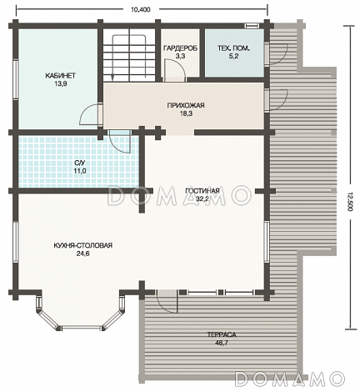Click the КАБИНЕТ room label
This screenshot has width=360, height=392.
[x=60, y=76]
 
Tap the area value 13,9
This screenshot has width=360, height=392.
[x=60, y=83]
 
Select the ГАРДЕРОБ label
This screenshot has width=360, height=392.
[x=180, y=48]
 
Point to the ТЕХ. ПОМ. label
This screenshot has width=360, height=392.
[x=233, y=48]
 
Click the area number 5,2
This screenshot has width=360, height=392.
[x=233, y=56]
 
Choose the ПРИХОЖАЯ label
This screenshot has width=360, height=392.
[x=186, y=105]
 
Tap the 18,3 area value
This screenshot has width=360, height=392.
[x=186, y=113]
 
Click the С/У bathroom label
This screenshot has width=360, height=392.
[x=80, y=163]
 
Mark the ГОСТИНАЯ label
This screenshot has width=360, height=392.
[x=202, y=191]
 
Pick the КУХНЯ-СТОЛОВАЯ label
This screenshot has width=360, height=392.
[x=83, y=245]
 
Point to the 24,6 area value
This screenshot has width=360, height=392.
[x=82, y=254]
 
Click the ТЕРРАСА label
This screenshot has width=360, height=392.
[x=222, y=334]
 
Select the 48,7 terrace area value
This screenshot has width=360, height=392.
[x=222, y=343]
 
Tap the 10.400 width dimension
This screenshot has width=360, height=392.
[x=140, y=10]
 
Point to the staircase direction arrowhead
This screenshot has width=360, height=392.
[x=112, y=77]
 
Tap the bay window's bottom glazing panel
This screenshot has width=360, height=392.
[x=81, y=328]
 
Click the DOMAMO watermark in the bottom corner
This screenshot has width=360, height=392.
[x=290, y=378]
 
